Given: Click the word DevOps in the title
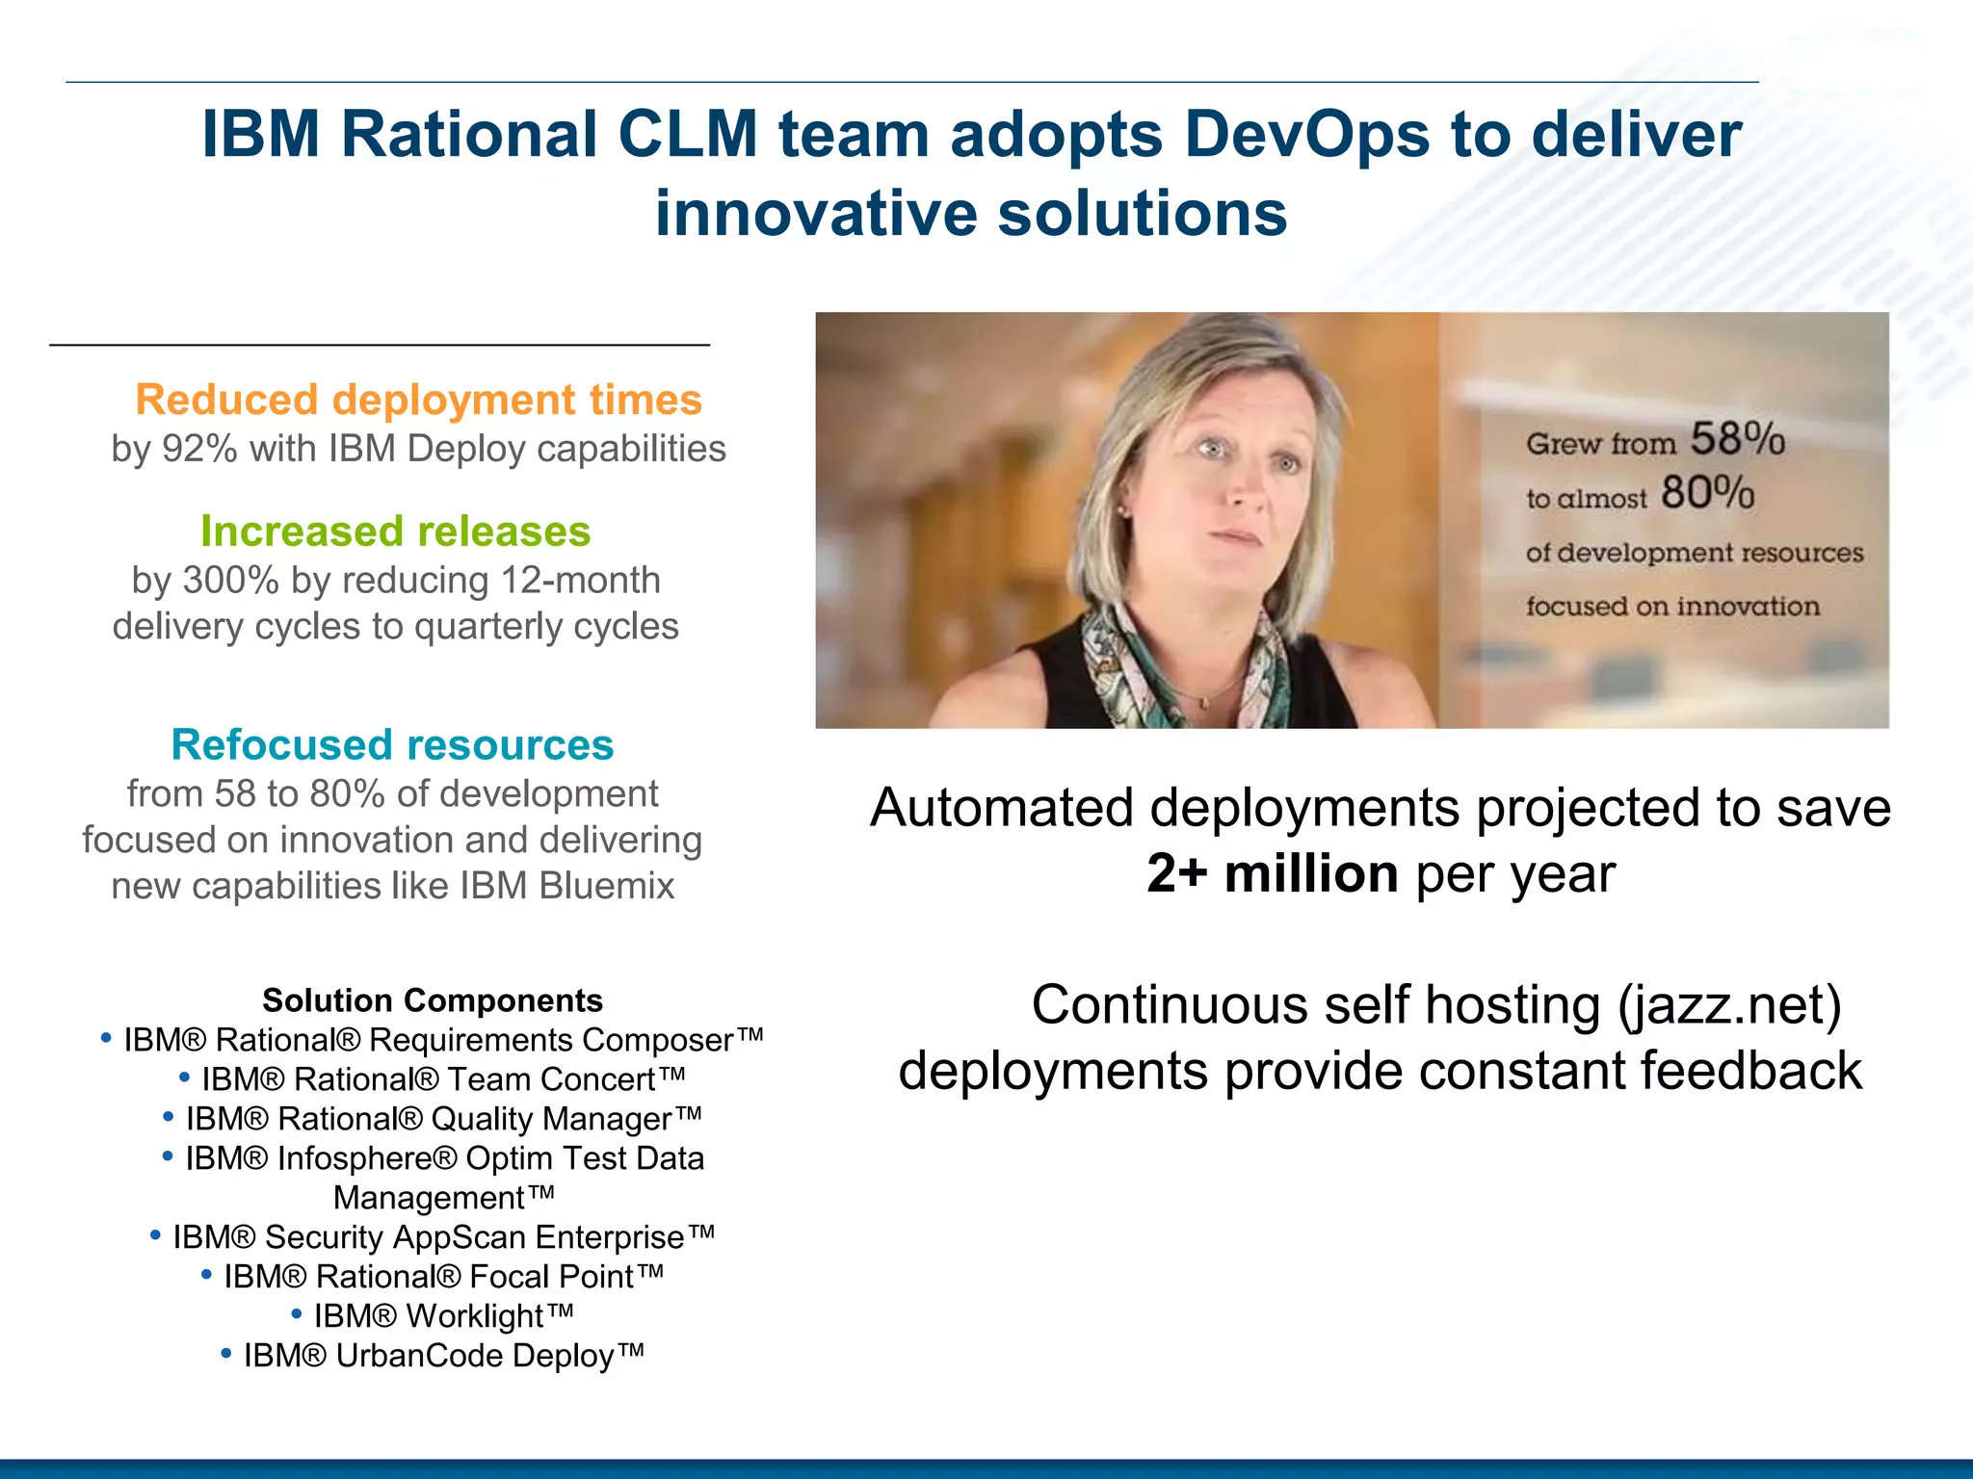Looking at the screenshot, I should [1306, 134].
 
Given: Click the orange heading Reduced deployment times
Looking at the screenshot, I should [418, 400].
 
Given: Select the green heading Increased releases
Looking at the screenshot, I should [395, 532].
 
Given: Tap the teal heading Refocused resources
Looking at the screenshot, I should [392, 745].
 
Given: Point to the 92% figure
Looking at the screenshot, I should [199, 450].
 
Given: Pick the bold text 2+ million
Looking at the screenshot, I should [1272, 874].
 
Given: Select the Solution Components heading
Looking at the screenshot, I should [433, 1000].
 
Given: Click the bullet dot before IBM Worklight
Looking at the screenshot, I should [297, 1313].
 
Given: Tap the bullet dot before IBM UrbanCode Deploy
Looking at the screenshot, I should [226, 1353].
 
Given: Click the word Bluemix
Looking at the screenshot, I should [607, 887].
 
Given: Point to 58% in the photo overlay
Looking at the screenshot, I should [1738, 439].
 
